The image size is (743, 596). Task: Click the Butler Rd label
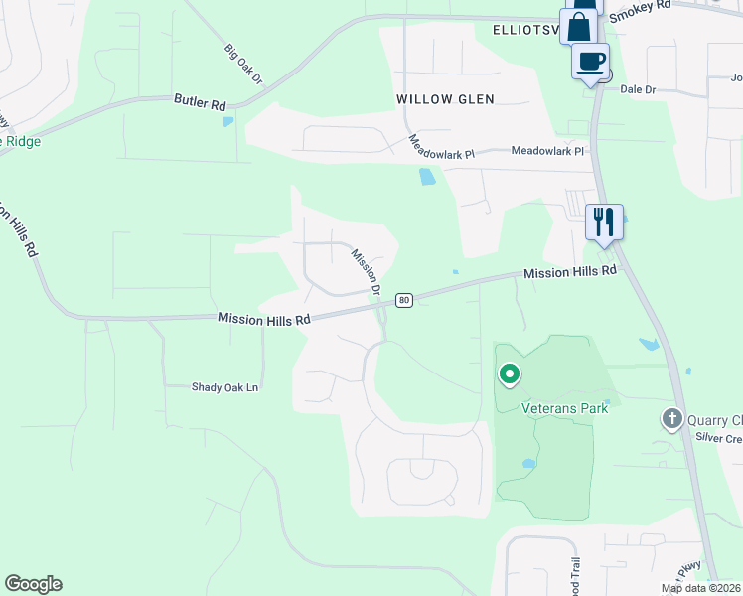click(200, 101)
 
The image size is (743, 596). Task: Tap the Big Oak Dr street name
click(241, 63)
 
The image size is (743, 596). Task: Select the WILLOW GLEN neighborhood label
click(445, 99)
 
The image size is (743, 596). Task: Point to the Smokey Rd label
click(640, 10)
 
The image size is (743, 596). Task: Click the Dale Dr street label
click(639, 89)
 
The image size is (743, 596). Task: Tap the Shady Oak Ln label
click(224, 387)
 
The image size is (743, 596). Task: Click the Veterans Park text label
click(557, 407)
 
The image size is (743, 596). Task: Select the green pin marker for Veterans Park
click(510, 373)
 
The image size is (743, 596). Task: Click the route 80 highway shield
click(403, 300)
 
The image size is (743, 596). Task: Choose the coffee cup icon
click(591, 62)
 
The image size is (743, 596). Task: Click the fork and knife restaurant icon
click(603, 221)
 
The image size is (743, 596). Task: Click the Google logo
click(33, 584)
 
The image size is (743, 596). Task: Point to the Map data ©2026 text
click(701, 588)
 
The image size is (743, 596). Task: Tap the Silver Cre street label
click(718, 437)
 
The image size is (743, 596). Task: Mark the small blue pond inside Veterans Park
click(529, 463)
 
